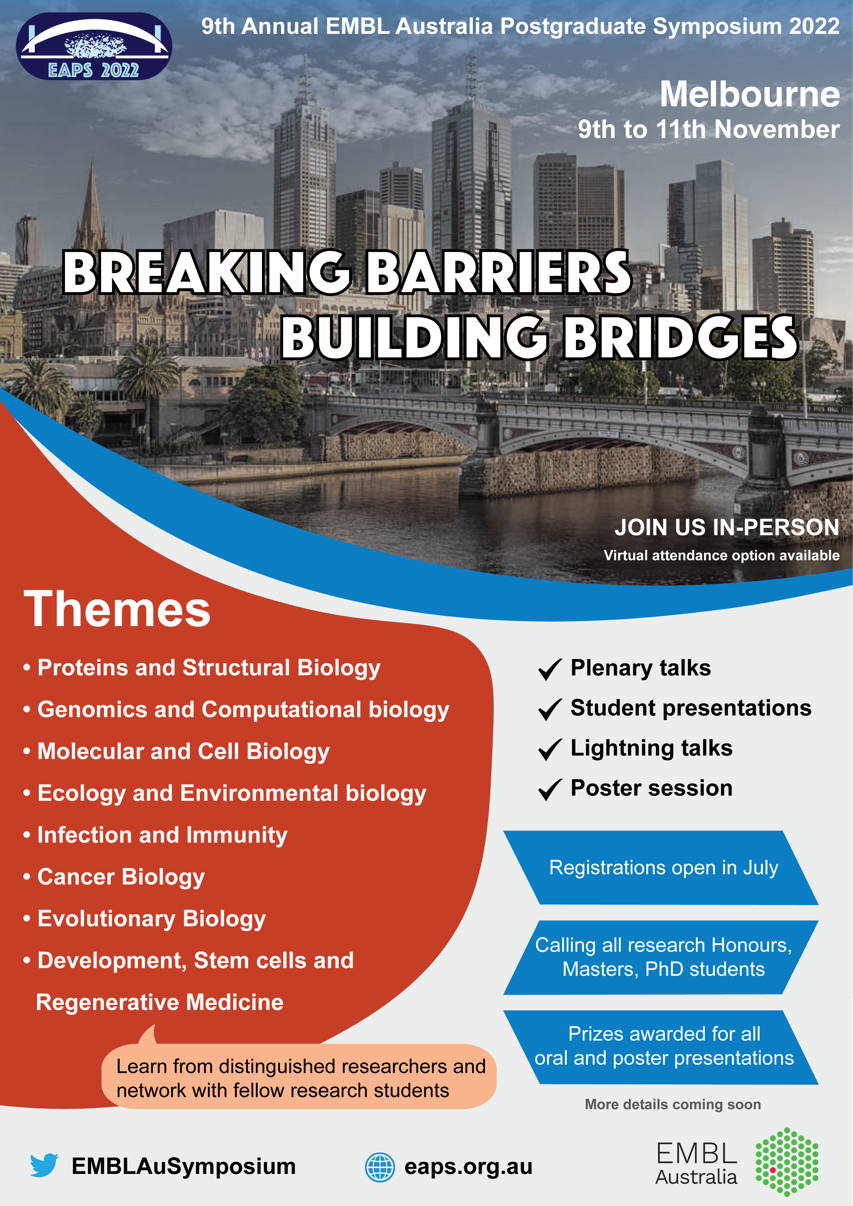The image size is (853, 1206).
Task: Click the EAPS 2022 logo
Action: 94,46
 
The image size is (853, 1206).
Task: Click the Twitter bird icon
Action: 44,1165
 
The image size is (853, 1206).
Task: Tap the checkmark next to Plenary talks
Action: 550,669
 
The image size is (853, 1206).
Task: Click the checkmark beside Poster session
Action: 550,789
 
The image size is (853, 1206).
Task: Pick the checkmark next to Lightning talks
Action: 550,749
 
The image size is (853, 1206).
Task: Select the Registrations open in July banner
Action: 661,868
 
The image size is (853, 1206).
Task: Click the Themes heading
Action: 117,609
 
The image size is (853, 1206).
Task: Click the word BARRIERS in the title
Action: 499,272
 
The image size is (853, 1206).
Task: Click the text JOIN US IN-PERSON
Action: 727,527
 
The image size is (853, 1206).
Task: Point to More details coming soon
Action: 673,1104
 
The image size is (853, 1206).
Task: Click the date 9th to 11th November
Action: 709,129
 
